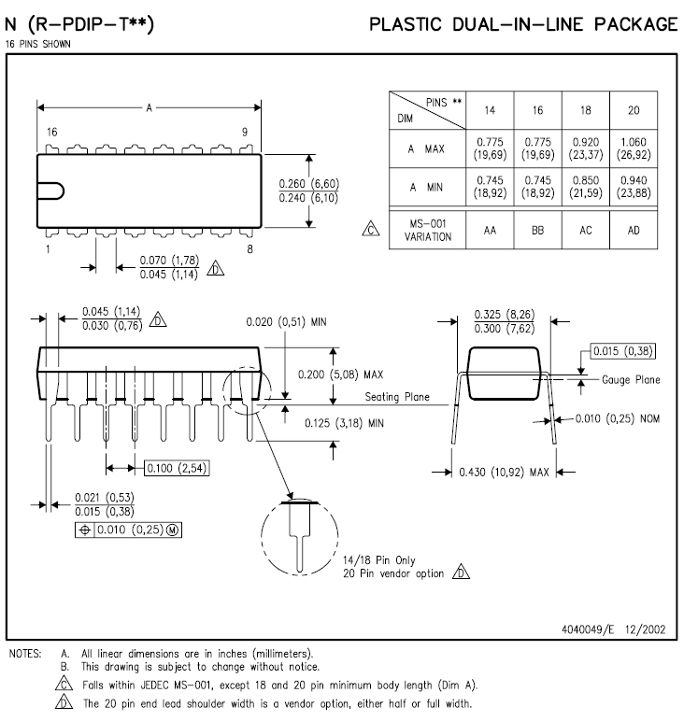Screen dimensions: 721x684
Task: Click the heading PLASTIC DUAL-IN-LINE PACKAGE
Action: [523, 23]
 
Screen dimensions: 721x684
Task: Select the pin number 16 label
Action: [51, 132]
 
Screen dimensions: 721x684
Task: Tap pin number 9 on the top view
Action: [245, 132]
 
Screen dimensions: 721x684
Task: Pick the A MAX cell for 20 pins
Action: [634, 148]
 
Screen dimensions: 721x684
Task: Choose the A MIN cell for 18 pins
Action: [586, 188]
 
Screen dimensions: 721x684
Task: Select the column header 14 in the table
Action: [490, 109]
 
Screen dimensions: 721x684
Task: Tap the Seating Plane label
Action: [397, 397]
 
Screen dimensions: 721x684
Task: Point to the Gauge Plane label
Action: [630, 380]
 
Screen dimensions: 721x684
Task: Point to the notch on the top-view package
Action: [51, 191]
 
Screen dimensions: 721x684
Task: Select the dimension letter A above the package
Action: [148, 108]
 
